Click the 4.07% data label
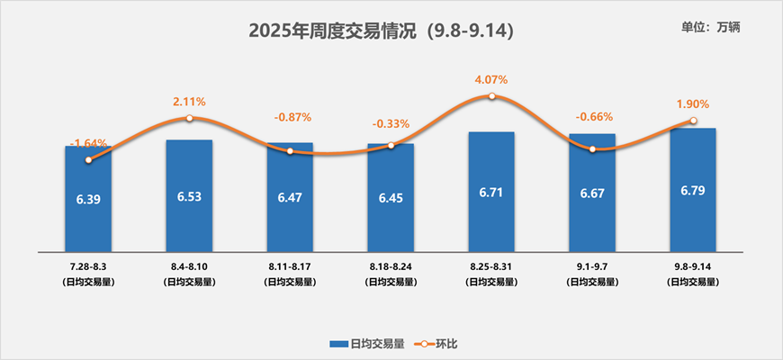click(x=491, y=79)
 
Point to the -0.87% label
click(x=292, y=117)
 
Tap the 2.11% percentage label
click(x=189, y=101)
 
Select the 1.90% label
click(x=693, y=103)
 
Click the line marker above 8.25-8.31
click(x=491, y=95)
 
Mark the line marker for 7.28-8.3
click(x=88, y=160)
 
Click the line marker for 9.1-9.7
click(x=592, y=149)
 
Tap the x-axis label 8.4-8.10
click(x=189, y=267)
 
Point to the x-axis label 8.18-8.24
click(x=391, y=267)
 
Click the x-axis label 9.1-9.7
click(x=592, y=267)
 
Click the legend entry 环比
click(x=440, y=344)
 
